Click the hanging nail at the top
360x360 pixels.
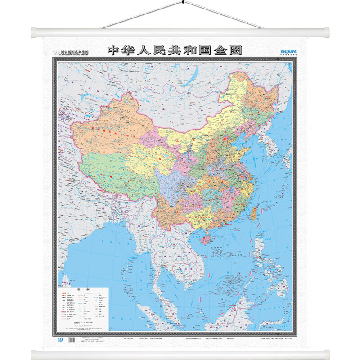tap(182, 3)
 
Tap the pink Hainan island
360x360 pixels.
tap(206, 237)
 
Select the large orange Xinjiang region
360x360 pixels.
tap(108, 130)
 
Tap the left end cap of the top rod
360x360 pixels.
tap(34, 33)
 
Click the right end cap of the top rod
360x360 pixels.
tap(326, 33)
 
